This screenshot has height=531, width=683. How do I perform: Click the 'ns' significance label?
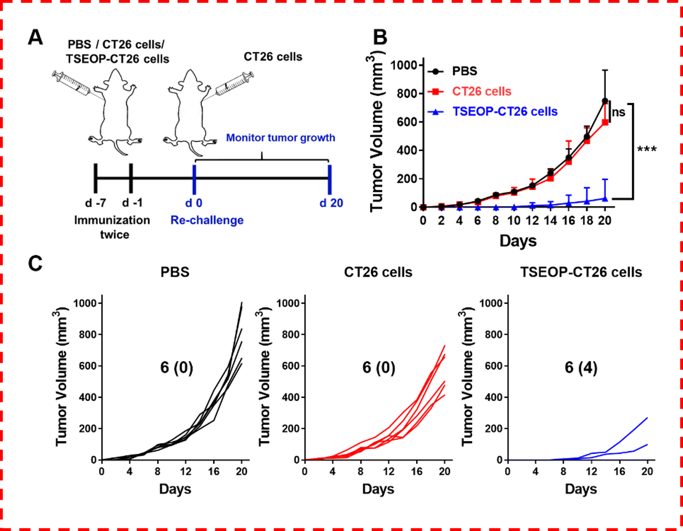click(x=618, y=112)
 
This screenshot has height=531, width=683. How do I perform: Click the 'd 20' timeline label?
click(x=331, y=202)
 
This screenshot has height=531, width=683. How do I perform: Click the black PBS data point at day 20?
click(x=605, y=101)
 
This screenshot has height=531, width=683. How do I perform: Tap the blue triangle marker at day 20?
click(x=605, y=198)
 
